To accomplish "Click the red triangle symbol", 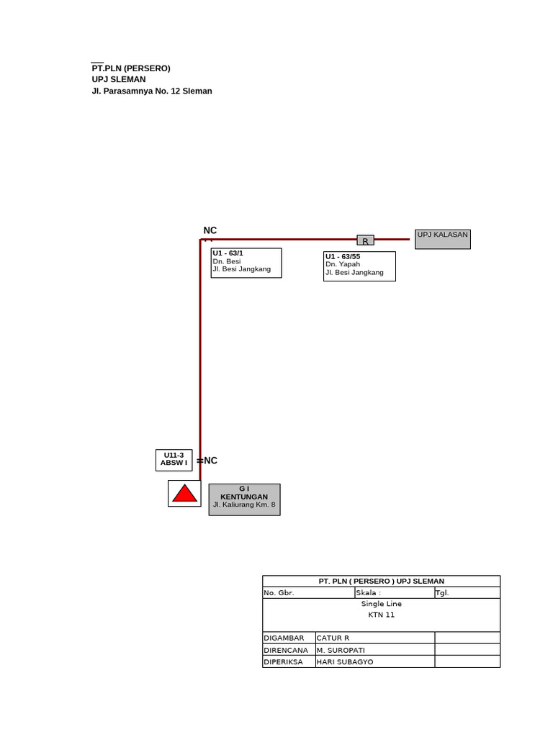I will click(x=184, y=494).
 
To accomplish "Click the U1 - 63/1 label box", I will click(x=246, y=263).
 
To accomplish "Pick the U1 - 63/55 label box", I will click(x=359, y=266).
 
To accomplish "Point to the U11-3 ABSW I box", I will click(x=174, y=460).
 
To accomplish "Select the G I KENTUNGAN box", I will click(x=244, y=499).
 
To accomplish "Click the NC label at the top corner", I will click(x=210, y=230).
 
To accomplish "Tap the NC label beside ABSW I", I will click(x=210, y=461).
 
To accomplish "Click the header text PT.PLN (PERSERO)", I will click(x=131, y=68).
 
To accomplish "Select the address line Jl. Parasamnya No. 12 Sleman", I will click(x=152, y=91).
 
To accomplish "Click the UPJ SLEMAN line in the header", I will click(x=119, y=80).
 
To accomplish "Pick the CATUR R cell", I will click(x=374, y=638).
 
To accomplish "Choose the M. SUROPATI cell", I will click(x=374, y=650).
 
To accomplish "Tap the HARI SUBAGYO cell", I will click(x=374, y=661).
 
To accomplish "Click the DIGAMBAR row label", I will click(x=289, y=638).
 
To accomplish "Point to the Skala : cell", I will click(x=394, y=593).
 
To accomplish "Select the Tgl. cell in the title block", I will click(x=467, y=593).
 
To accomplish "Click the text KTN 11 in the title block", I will click(x=381, y=615).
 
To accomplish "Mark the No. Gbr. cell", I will click(x=308, y=593).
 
